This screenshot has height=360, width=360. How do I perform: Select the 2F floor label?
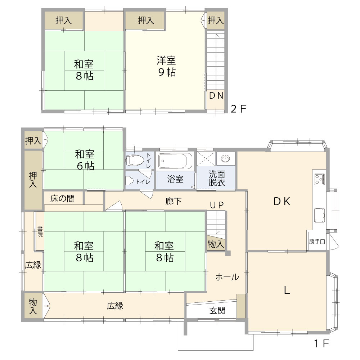pos(238,109)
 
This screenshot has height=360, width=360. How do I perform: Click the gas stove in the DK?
pos(319,179)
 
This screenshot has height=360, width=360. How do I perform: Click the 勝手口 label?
pos(317,242)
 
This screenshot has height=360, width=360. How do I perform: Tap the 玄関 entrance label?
pos(217,310)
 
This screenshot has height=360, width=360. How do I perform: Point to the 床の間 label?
pos(63,198)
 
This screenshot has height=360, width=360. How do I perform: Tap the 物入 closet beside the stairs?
pos(216,244)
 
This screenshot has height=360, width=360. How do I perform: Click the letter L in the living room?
pos(287,290)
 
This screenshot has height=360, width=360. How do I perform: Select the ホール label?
pos(227,277)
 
